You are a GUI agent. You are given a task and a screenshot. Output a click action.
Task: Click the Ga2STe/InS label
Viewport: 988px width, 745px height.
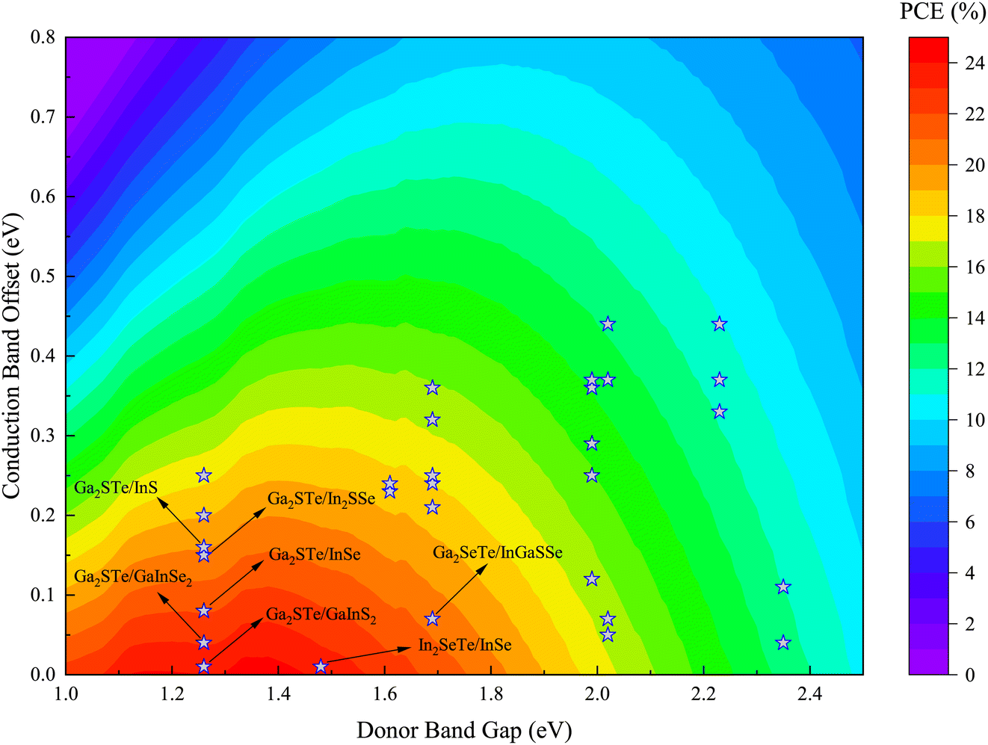[116, 488]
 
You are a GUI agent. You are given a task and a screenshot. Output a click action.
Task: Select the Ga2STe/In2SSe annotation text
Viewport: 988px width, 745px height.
[321, 499]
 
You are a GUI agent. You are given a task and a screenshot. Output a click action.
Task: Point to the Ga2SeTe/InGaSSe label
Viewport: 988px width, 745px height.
[498, 554]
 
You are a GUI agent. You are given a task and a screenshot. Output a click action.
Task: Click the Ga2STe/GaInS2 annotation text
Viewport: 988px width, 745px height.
[321, 616]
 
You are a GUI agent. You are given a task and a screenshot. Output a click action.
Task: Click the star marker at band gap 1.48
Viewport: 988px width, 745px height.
[321, 666]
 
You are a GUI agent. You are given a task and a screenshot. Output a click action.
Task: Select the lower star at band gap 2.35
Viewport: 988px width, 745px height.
[783, 643]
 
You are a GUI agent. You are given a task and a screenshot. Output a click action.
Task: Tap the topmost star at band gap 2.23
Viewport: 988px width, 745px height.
[720, 324]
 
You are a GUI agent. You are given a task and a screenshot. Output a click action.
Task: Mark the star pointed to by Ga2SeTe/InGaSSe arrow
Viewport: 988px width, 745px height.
[432, 619]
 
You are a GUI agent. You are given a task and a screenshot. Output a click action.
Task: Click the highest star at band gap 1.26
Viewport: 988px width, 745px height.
[203, 476]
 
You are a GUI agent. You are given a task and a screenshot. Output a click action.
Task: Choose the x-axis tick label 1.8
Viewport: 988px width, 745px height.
[491, 694]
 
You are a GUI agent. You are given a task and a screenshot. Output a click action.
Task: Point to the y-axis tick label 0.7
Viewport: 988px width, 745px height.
[43, 117]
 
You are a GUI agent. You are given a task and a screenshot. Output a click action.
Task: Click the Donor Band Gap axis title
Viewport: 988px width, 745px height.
[464, 730]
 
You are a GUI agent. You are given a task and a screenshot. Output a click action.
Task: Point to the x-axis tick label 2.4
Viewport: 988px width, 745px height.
[810, 694]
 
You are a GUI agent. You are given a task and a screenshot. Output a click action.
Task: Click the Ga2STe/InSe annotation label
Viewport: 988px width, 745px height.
[315, 554]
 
